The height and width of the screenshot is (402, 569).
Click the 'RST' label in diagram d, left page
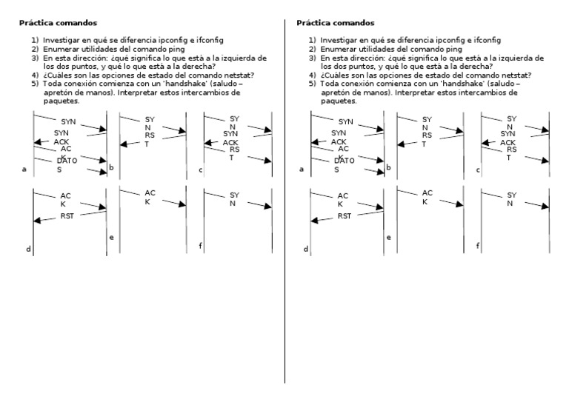coord(67,216)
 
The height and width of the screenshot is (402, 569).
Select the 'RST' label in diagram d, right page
coord(345,216)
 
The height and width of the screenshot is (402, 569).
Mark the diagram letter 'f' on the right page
coord(477,245)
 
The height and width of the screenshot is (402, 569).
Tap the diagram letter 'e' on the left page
coord(111,238)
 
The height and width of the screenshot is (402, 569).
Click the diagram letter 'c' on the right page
coord(477,170)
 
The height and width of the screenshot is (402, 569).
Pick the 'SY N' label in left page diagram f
coord(234,199)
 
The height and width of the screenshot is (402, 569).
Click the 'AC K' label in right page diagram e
coord(427,197)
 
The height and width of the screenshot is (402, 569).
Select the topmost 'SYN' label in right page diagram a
coord(346,121)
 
